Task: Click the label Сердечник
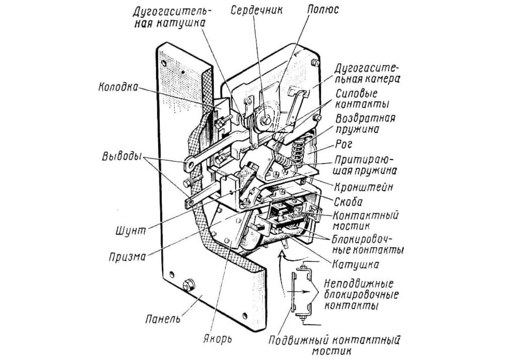(x=256, y=10)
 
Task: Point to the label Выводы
(x=121, y=157)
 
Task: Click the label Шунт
(x=131, y=231)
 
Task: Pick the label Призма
(x=127, y=257)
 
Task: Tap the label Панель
(x=163, y=318)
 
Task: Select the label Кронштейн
(x=363, y=187)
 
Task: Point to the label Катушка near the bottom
(x=355, y=264)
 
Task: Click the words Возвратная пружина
(x=365, y=123)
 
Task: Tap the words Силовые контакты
(x=362, y=99)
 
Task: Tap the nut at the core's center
(x=266, y=121)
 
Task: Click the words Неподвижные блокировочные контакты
(x=361, y=295)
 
